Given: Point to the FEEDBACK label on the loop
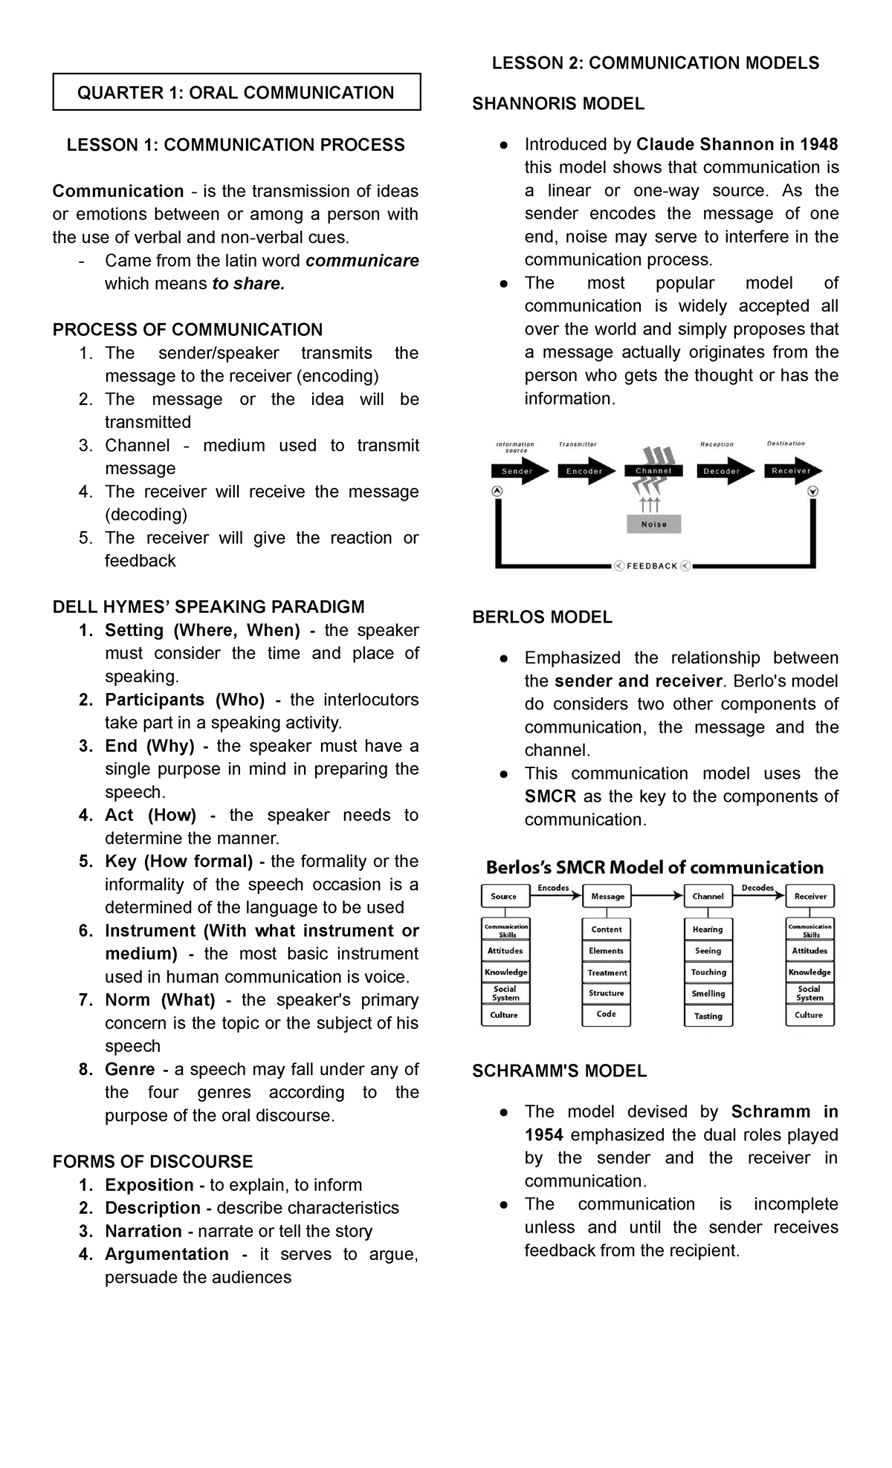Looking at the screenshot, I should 652,566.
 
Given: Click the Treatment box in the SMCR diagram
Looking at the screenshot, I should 607,972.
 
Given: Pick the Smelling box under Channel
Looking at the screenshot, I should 708,993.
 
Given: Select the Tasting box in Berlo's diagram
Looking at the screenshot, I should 708,1016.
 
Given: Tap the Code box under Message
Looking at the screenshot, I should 606,1014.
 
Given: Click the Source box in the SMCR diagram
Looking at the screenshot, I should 504,897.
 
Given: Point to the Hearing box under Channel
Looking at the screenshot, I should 708,929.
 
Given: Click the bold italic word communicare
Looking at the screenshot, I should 362,261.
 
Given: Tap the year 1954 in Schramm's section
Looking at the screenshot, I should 543,1134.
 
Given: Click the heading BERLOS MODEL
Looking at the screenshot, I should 542,617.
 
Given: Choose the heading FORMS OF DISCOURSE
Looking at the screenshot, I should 152,1162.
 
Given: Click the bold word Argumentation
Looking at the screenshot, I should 167,1254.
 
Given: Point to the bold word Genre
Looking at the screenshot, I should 130,1070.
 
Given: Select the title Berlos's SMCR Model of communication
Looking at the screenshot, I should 654,868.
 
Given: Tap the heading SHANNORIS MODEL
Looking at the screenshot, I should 558,104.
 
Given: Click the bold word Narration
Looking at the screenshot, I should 143,1231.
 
